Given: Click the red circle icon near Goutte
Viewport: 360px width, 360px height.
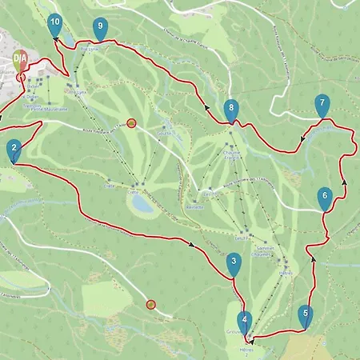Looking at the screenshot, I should coord(132,123).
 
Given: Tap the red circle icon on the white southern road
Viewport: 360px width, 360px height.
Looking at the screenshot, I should coord(150,304).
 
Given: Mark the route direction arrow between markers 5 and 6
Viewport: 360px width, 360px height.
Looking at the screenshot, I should coord(313,259).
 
